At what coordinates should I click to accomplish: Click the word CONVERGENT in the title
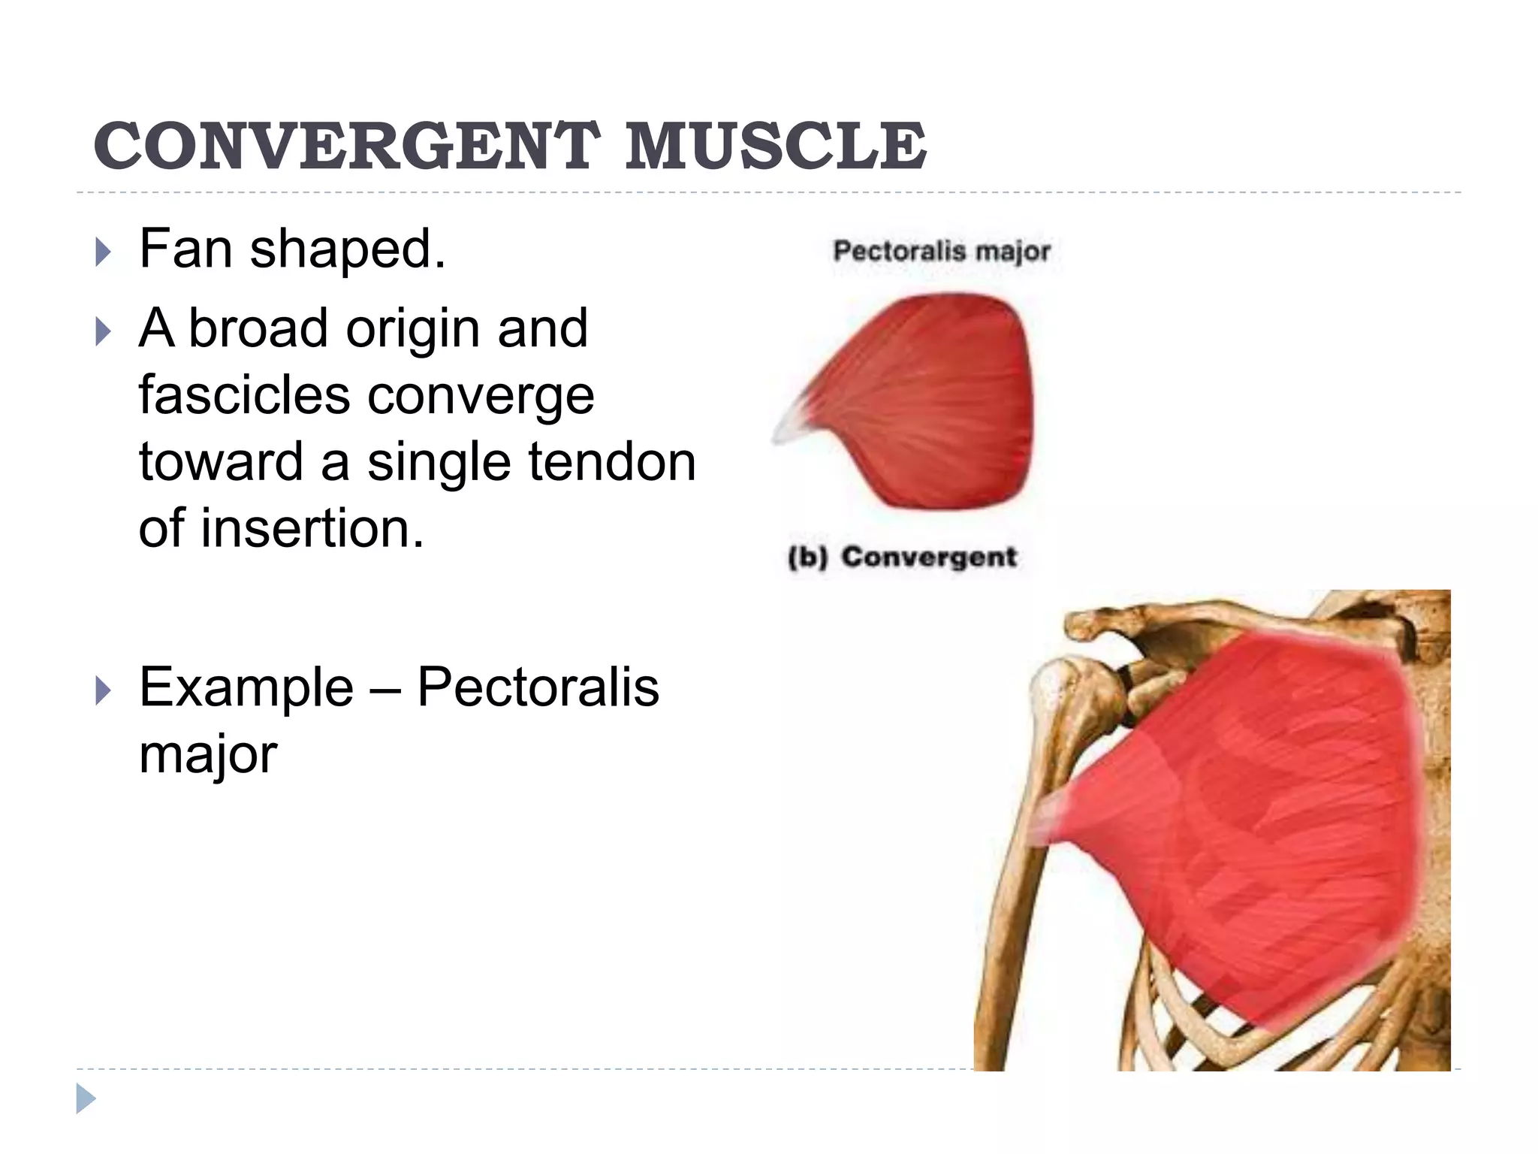point(346,146)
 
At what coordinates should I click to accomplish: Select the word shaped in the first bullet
point(347,250)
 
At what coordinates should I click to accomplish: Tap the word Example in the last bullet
point(246,687)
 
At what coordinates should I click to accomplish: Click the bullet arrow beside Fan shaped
point(104,252)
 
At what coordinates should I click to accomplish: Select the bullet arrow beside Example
point(104,690)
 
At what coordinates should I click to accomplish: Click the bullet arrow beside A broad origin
point(104,331)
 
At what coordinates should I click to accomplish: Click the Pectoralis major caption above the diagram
point(942,251)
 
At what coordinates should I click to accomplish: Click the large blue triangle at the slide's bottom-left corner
point(86,1098)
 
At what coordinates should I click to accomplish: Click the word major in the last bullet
point(208,754)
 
